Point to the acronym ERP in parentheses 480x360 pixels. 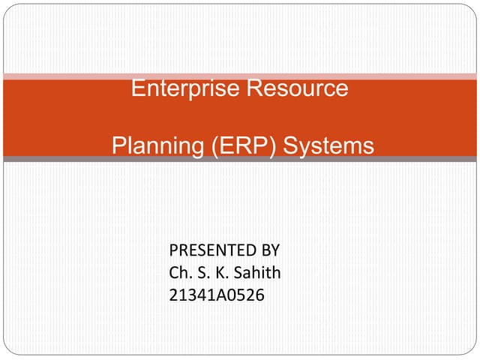[x=238, y=145]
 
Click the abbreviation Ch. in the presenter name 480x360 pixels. [x=181, y=273]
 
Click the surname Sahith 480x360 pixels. [x=256, y=273]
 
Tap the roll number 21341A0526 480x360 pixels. [x=217, y=297]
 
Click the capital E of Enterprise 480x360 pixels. [x=137, y=88]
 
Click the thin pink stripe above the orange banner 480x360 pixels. [x=240, y=76]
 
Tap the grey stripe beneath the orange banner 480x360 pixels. [x=240, y=159]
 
